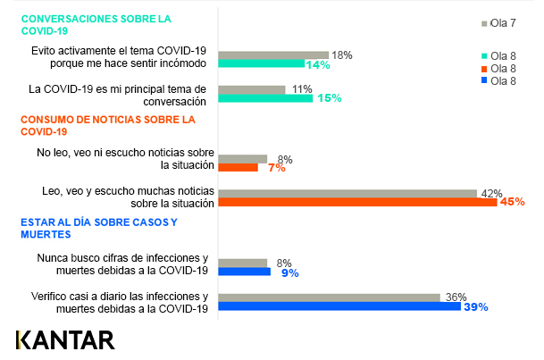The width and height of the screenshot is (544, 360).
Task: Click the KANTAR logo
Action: click(65, 340)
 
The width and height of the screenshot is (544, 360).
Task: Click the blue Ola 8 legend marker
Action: click(485, 81)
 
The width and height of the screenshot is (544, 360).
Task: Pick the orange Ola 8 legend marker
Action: click(485, 68)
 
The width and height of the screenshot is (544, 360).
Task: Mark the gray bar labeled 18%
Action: click(273, 55)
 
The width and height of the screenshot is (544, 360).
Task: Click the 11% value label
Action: click(301, 89)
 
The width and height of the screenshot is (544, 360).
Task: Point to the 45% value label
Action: click(512, 203)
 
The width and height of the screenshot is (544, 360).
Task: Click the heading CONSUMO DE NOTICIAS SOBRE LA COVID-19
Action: click(106, 125)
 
